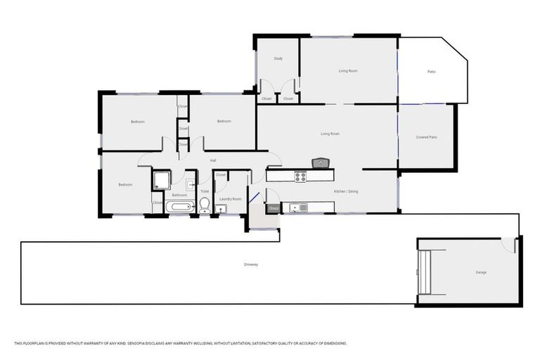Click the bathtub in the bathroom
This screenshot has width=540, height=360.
pos(179,207)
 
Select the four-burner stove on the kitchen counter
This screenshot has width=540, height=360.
pos(300,177)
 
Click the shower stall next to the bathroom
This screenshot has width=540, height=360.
pos(161,180)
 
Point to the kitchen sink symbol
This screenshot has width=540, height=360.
pos(302,207)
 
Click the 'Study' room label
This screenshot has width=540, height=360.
pos(278,58)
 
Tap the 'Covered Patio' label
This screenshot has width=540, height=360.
pos(426,137)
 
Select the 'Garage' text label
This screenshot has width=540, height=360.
pos(480,272)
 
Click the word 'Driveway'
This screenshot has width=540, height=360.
pos(251,264)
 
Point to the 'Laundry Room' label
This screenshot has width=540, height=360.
pos(230,199)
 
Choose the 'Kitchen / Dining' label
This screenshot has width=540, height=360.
pos(345,191)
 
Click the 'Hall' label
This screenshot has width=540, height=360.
pos(213,161)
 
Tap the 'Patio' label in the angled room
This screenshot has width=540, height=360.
pos(431,71)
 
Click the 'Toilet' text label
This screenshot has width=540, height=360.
pos(205,191)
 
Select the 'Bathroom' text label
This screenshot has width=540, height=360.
pos(179,195)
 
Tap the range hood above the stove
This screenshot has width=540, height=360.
pos(321,163)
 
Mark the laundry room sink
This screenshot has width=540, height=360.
pos(220,209)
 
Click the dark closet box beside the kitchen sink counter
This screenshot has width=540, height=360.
pos(273,208)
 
